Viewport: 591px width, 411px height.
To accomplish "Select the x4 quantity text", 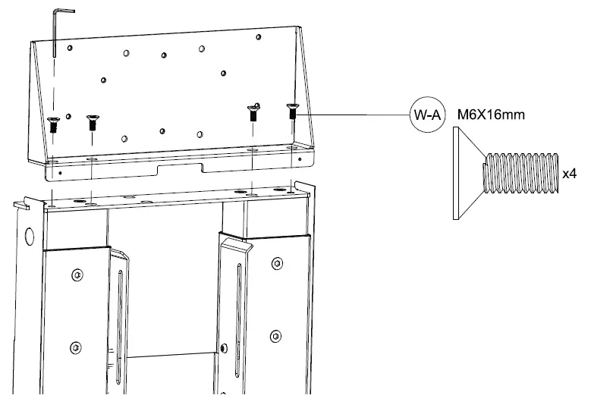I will pyautogui.click(x=570, y=174).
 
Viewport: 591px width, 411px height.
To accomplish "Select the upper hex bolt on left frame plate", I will pyautogui.click(x=75, y=273).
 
